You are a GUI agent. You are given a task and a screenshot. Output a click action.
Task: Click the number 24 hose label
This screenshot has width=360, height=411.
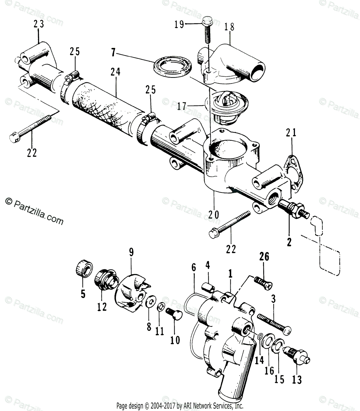click(x=115, y=72)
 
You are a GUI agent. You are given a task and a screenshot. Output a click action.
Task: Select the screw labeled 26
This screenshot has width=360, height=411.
click(x=262, y=282)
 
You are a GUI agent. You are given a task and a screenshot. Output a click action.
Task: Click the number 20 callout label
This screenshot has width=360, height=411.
click(x=214, y=215)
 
